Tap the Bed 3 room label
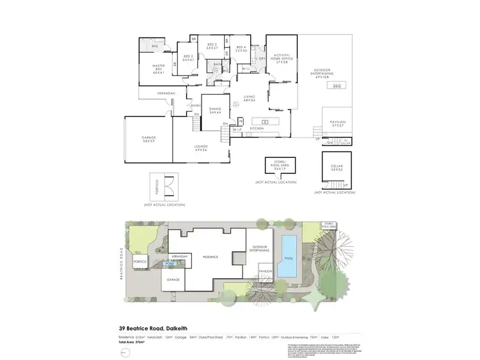tap(212, 47)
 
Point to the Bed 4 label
tap(241, 49)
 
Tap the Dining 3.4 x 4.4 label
tap(214, 111)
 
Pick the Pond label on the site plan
tap(170, 263)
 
